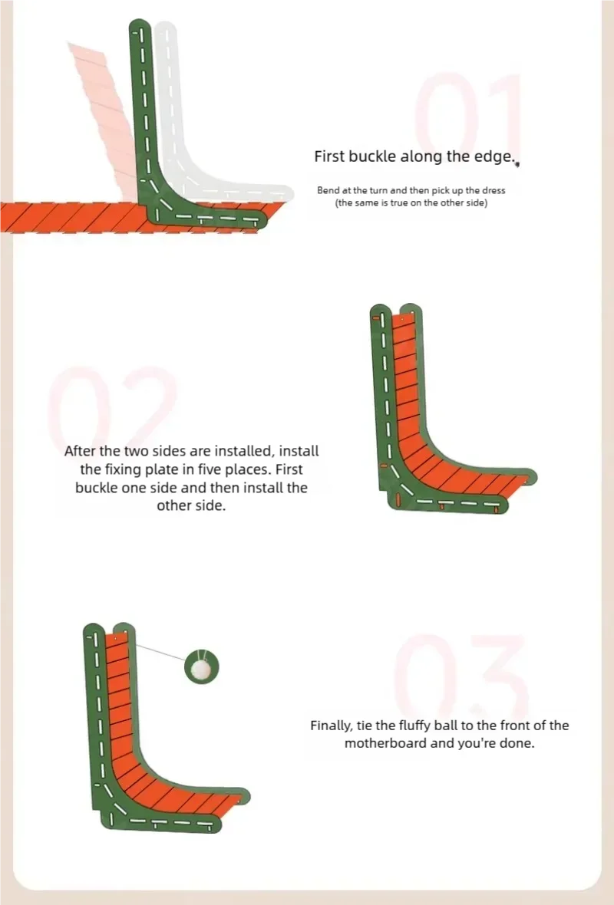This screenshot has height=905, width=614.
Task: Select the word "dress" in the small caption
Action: pyautogui.click(x=494, y=190)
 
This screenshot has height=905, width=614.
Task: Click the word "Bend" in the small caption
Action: pyautogui.click(x=327, y=190)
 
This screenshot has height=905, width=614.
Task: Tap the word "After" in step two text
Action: pyautogui.click(x=81, y=451)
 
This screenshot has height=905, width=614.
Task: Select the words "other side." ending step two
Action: pyautogui.click(x=190, y=505)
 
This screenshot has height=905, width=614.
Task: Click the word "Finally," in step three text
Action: pyautogui.click(x=331, y=726)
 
